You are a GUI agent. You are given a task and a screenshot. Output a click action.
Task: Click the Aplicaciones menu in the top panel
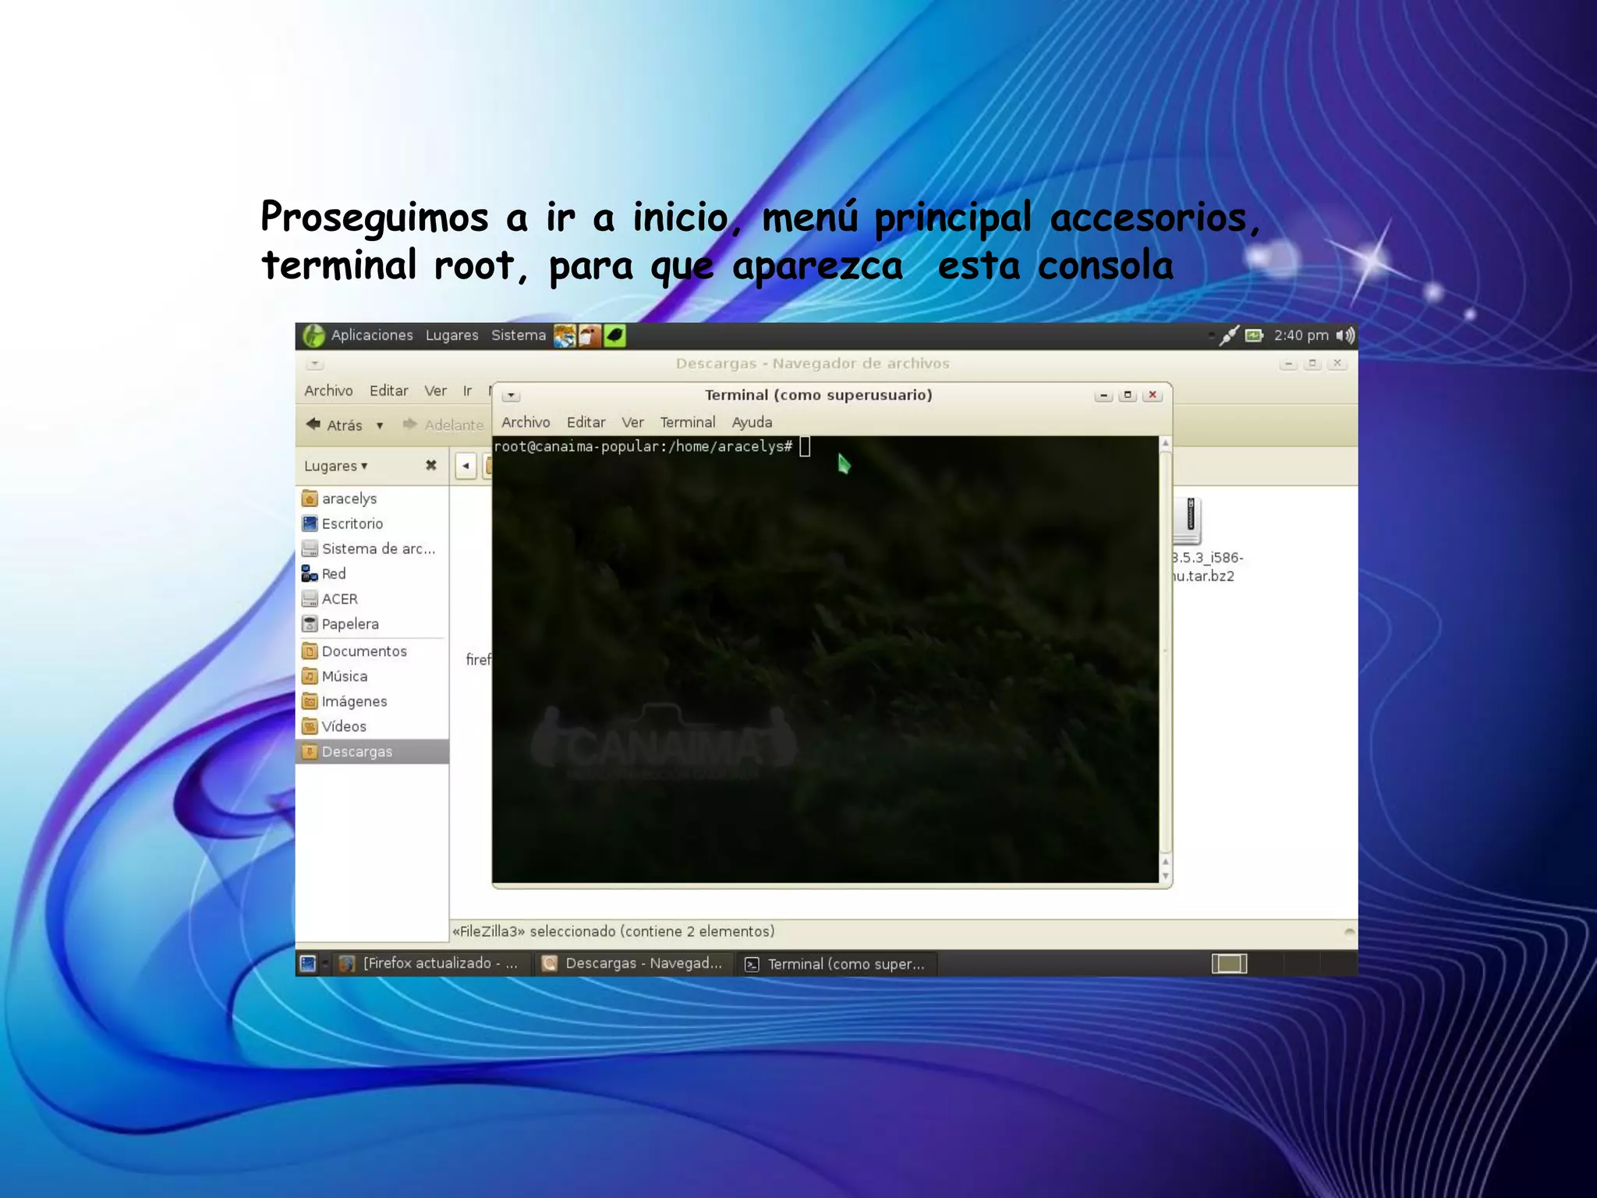pyautogui.click(x=371, y=335)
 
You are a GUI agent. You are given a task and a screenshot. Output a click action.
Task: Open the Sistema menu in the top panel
pyautogui.click(x=518, y=335)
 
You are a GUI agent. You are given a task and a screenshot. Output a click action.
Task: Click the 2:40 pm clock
pyautogui.click(x=1301, y=335)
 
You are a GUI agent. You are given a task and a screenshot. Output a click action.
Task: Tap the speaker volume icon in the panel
pyautogui.click(x=1345, y=335)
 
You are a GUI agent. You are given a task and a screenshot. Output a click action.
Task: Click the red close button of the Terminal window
pyautogui.click(x=1152, y=395)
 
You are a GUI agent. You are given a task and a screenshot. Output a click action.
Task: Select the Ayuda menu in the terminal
pyautogui.click(x=752, y=423)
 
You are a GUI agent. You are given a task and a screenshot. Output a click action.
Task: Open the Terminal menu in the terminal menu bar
pyautogui.click(x=687, y=423)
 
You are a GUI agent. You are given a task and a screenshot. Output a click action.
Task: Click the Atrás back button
pyautogui.click(x=335, y=425)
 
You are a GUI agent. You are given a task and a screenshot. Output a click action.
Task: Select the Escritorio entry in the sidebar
pyautogui.click(x=352, y=523)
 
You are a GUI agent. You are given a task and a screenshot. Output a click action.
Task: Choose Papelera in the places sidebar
pyautogui.click(x=349, y=624)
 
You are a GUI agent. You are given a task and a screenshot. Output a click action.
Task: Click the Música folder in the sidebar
pyautogui.click(x=344, y=676)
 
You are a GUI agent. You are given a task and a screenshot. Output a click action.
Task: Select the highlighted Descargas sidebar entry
pyautogui.click(x=356, y=752)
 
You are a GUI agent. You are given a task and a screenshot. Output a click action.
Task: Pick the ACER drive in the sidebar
pyautogui.click(x=339, y=599)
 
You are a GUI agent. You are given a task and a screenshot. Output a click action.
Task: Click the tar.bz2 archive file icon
pyautogui.click(x=1188, y=521)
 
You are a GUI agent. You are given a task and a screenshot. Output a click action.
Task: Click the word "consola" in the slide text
pyautogui.click(x=1105, y=266)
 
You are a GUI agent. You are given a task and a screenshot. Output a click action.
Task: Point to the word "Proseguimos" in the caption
pyautogui.click(x=374, y=218)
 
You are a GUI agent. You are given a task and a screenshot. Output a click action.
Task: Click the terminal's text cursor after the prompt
pyautogui.click(x=805, y=447)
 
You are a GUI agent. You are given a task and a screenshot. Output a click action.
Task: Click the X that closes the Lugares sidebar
pyautogui.click(x=430, y=466)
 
